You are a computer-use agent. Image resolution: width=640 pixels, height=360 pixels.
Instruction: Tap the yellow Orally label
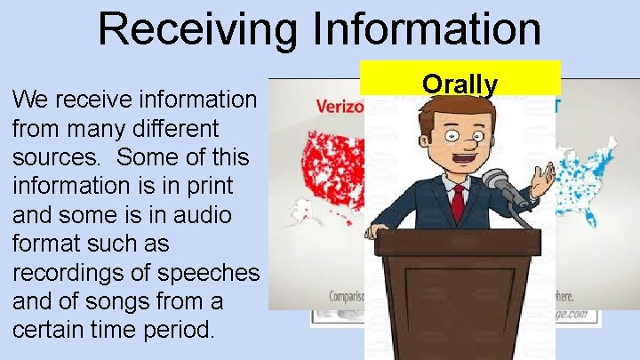[x=460, y=84]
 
